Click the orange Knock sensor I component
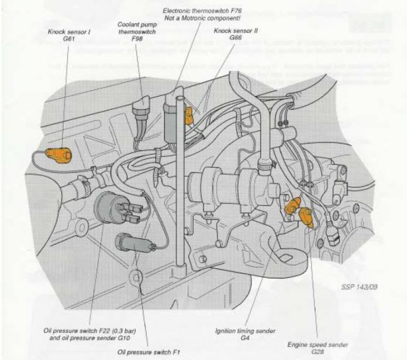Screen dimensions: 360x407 (x=59, y=155)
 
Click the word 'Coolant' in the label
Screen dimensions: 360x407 (x=128, y=25)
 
